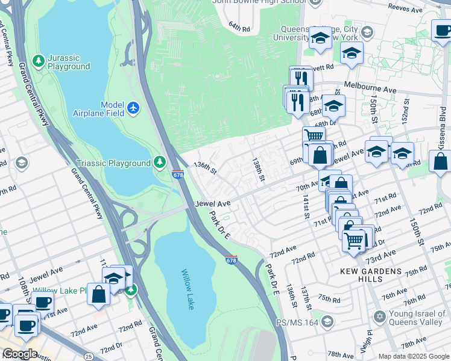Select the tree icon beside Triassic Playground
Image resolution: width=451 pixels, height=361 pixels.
[159, 162]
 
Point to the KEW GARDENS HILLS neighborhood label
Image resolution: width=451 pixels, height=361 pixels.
[371, 276]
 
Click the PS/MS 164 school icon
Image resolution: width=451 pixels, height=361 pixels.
[327, 321]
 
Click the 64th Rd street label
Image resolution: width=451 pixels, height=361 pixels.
[239, 27]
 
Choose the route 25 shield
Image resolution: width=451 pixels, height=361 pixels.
[89, 356]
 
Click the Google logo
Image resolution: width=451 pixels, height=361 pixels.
[20, 354]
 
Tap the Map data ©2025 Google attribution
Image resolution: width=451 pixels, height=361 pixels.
[413, 356]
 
